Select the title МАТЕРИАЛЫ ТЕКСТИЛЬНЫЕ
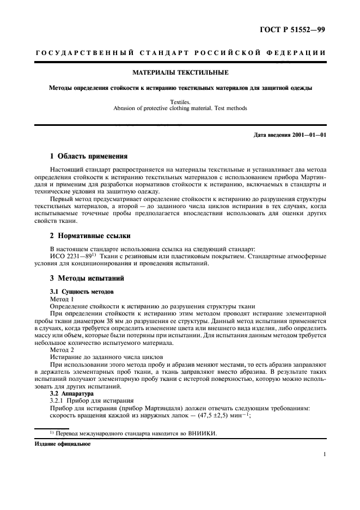tap(180, 72)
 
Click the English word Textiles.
tap(180, 101)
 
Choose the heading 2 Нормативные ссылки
tap(91, 236)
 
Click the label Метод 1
tap(62, 300)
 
